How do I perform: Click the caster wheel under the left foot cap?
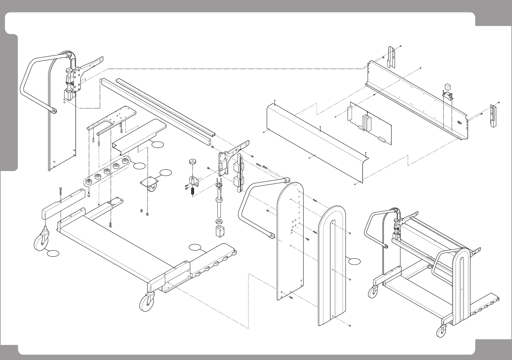[40, 242]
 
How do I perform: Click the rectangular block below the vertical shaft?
[219, 232]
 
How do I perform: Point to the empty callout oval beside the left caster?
[53, 253]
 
